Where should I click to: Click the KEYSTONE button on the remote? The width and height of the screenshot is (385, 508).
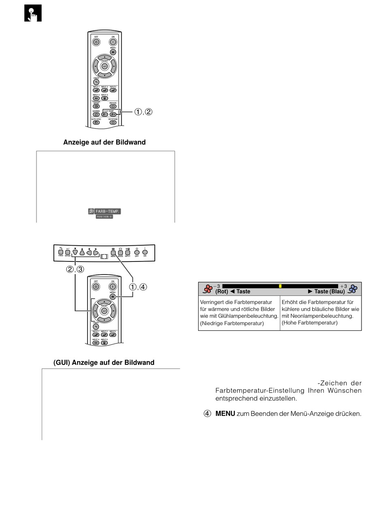point(113,122)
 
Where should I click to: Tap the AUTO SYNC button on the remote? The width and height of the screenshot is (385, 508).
point(96,122)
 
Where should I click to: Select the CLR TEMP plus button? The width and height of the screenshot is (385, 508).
point(113,114)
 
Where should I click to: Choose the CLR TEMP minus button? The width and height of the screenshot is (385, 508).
point(105,114)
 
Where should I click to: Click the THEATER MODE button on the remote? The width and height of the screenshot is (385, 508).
point(96,106)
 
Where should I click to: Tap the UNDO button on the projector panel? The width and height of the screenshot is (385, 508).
point(60,252)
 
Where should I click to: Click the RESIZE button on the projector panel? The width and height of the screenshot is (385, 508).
point(120,252)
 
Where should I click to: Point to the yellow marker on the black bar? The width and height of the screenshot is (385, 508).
point(280,286)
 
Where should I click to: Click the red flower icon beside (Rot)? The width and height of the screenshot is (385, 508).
point(208,289)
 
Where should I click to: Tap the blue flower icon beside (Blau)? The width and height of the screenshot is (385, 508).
point(353,289)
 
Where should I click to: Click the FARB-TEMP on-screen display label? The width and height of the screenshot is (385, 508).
point(105,211)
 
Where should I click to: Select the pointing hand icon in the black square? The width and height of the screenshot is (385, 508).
point(32,13)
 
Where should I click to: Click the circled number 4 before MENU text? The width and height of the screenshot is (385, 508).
point(207,414)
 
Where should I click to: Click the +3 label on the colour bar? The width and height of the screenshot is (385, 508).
point(344,286)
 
